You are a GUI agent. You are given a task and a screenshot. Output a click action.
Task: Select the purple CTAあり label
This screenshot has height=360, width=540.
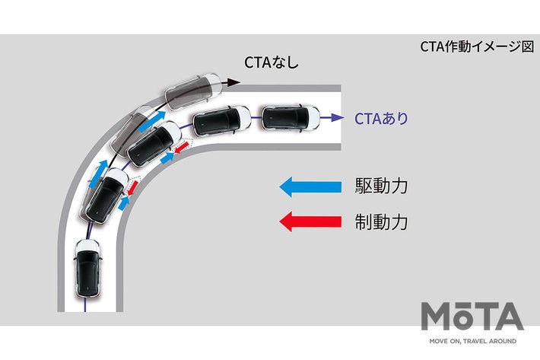click(x=382, y=118)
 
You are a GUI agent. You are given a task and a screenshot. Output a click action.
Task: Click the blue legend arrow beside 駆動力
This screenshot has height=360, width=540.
click(x=311, y=186)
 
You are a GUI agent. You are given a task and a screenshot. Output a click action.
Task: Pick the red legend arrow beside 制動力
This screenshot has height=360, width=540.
click(x=311, y=222)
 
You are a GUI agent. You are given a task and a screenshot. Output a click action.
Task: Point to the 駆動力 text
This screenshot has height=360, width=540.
click(x=382, y=186)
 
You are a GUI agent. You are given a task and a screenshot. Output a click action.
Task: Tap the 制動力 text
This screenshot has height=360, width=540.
click(x=382, y=222)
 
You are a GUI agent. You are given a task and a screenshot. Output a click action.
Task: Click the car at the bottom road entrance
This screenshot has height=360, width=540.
click(x=85, y=269)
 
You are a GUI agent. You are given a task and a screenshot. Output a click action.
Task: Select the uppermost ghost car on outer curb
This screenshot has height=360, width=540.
click(x=195, y=90)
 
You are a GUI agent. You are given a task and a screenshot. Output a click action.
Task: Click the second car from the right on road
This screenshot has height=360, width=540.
click(x=221, y=120)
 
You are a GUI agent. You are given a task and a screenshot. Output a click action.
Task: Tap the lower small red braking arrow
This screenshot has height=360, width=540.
click(x=132, y=187)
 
